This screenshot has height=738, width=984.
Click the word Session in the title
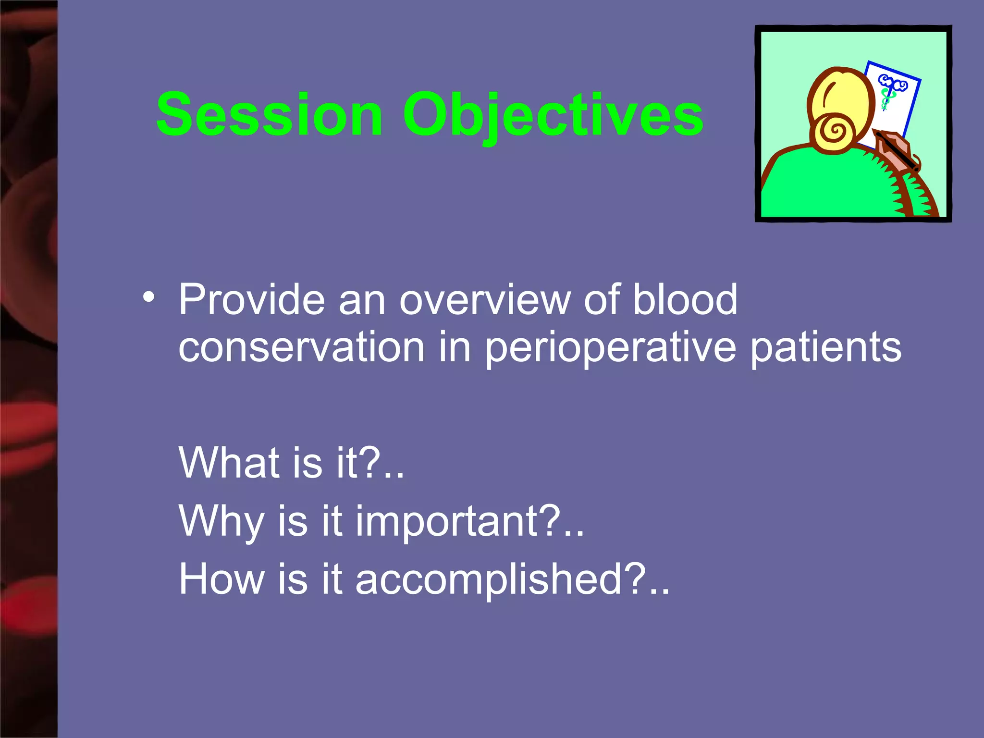tap(269, 115)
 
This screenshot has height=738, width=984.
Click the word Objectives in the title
tap(553, 115)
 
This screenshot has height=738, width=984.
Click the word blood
tap(684, 300)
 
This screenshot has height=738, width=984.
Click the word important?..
tap(469, 521)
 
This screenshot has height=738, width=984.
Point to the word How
tap(221, 579)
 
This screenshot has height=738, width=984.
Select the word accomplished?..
tap(511, 579)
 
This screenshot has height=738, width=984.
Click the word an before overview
tap(362, 300)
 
